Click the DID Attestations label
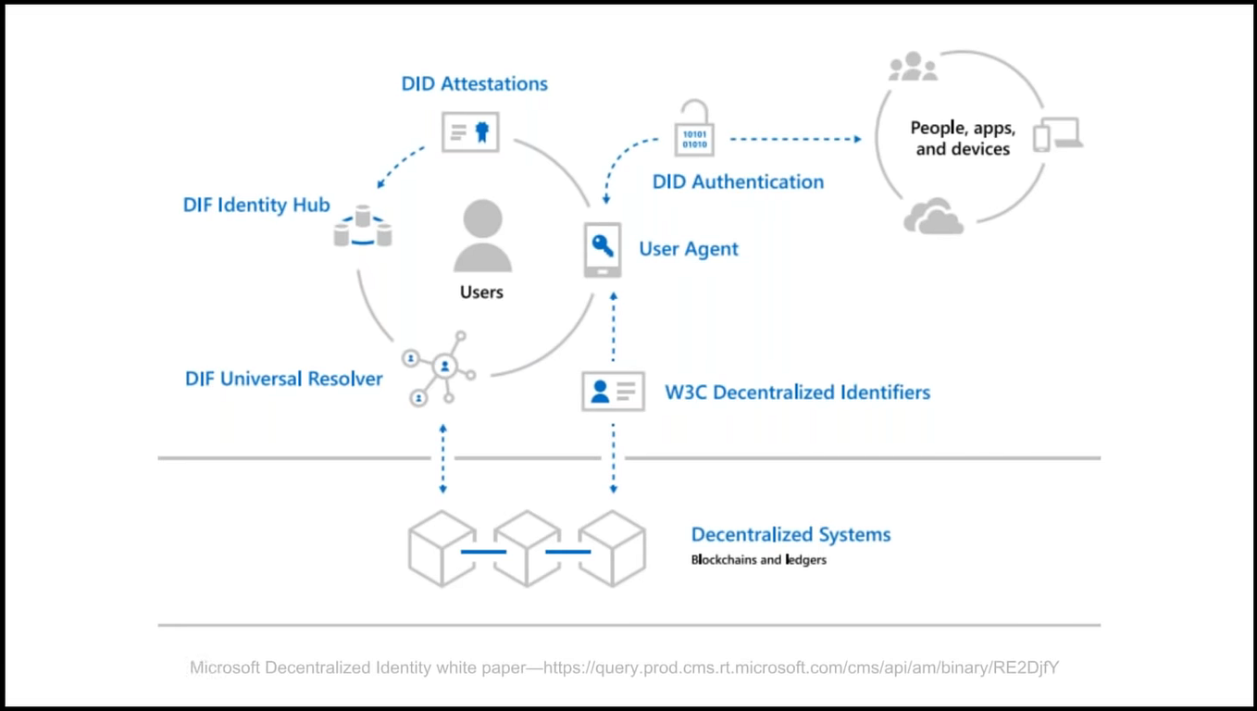(x=474, y=83)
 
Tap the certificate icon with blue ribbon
(x=470, y=131)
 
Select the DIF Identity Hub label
(x=256, y=206)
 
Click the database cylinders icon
(x=363, y=226)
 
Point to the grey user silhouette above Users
(x=482, y=236)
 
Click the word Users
(x=481, y=293)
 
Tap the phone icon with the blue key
(x=603, y=250)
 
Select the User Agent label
(x=689, y=249)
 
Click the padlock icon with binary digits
(x=694, y=128)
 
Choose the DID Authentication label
(x=738, y=181)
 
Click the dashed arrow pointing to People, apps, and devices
(x=796, y=139)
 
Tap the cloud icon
(x=934, y=216)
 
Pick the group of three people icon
(x=913, y=67)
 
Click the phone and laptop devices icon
(x=1058, y=134)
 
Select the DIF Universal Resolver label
(x=284, y=379)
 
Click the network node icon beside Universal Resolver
(x=440, y=368)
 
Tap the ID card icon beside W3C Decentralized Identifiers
(x=613, y=391)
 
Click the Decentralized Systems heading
(x=790, y=535)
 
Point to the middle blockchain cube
(x=527, y=548)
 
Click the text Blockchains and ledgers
(x=759, y=560)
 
